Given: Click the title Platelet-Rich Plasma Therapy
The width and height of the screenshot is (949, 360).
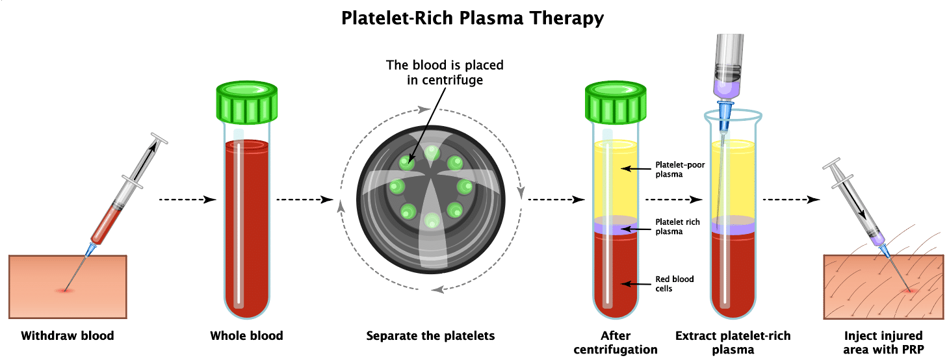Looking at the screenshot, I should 473,18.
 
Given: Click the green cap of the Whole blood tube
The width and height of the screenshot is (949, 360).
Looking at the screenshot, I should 246,103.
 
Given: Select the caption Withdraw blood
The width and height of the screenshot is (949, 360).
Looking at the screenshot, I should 68,336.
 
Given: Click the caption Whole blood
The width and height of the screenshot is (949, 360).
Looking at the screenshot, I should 246,336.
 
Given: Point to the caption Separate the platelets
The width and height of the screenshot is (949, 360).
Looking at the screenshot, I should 430,336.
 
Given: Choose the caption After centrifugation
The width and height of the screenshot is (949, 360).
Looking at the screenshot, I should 615,342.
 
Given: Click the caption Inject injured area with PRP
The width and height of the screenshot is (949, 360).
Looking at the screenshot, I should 883,342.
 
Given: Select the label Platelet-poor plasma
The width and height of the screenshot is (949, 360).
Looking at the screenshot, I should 680,169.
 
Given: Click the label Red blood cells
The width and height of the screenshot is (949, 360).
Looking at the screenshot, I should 674,283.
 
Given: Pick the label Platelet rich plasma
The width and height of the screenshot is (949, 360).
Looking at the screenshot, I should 677,227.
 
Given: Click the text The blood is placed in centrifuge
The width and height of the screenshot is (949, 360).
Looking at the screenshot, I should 445,72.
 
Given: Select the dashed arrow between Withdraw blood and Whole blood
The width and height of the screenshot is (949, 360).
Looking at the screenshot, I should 187,199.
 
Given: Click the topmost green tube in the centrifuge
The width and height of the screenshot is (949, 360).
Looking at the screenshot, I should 432,152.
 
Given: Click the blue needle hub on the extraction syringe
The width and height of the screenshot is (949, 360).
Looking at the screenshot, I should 725,108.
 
